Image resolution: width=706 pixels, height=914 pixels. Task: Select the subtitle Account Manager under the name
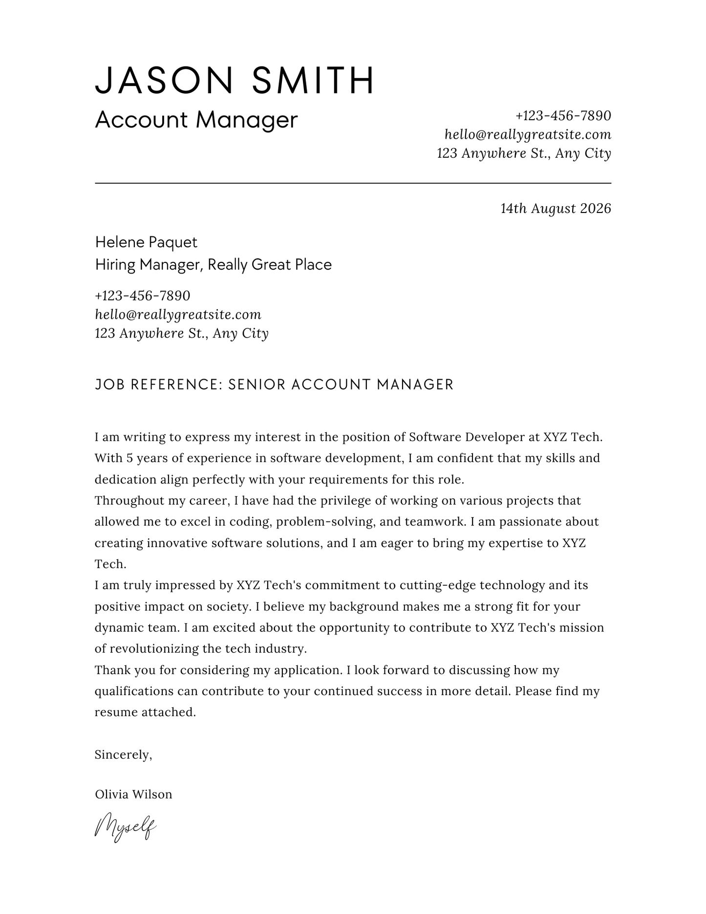pyautogui.click(x=196, y=120)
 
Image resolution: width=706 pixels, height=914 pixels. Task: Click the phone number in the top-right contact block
pyautogui.click(x=563, y=116)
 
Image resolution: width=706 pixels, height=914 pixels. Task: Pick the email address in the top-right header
pyautogui.click(x=528, y=134)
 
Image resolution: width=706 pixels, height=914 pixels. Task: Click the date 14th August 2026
pyautogui.click(x=556, y=209)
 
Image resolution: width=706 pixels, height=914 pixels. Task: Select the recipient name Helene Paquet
pyautogui.click(x=146, y=242)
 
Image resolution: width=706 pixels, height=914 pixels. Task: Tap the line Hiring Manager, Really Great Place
pyautogui.click(x=213, y=265)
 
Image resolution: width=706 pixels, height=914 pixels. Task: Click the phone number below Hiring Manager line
pyautogui.click(x=142, y=296)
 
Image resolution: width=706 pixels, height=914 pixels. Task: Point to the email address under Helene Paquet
pyautogui.click(x=178, y=315)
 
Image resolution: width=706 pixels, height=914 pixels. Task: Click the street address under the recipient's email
pyautogui.click(x=181, y=333)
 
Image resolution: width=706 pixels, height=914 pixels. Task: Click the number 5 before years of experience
pyautogui.click(x=129, y=458)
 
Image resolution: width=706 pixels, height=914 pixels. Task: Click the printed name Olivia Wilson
pyautogui.click(x=133, y=794)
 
